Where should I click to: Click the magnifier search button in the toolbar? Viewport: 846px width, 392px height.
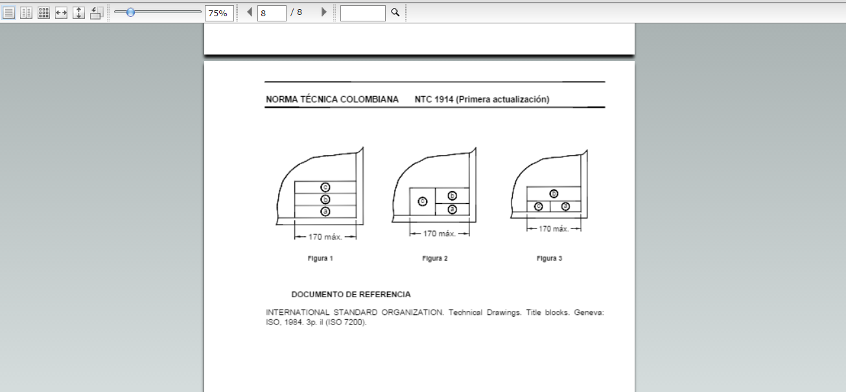(x=395, y=12)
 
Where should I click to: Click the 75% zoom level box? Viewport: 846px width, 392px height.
(x=219, y=13)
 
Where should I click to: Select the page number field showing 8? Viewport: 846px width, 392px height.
(x=272, y=13)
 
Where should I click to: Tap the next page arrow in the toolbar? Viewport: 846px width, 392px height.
(x=324, y=12)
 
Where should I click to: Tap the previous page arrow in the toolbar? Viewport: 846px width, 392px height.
(x=250, y=12)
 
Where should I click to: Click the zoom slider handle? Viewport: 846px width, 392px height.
(x=130, y=12)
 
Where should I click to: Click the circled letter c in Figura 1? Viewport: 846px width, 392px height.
(x=325, y=187)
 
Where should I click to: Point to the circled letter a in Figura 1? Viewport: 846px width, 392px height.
(x=325, y=211)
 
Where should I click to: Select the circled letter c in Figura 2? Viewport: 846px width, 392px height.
(x=423, y=201)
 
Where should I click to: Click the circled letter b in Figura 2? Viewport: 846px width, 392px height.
(x=452, y=195)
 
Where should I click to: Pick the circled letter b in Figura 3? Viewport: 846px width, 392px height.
(x=554, y=193)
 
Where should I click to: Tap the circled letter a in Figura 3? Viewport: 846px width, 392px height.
(x=565, y=206)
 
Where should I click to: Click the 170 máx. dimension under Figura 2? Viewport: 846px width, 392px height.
(x=440, y=234)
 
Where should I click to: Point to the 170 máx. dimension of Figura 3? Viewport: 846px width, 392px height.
(x=553, y=228)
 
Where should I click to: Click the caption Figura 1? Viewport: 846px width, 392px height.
(x=320, y=258)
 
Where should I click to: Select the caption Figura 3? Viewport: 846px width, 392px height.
(x=549, y=258)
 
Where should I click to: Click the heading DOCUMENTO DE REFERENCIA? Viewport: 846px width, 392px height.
(x=351, y=294)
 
